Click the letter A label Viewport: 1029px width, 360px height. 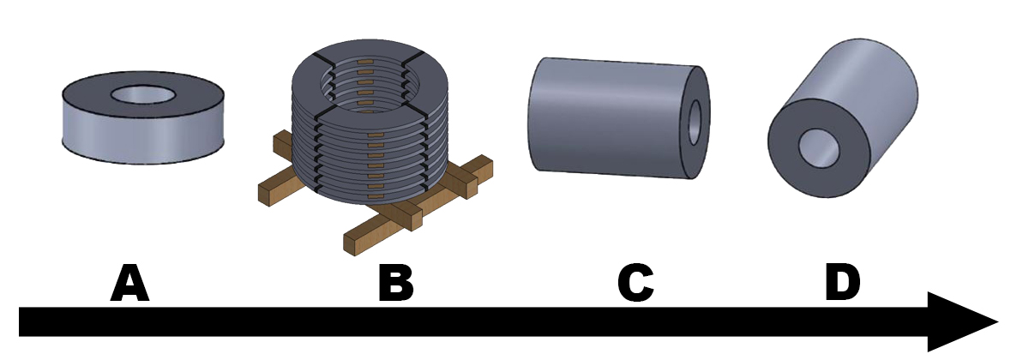[130, 283]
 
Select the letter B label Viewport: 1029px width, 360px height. [396, 283]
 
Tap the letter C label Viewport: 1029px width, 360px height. [635, 283]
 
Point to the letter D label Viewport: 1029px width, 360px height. [842, 283]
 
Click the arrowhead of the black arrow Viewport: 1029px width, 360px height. [960, 322]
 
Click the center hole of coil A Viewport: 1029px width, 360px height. [143, 94]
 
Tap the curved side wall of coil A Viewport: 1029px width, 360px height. [143, 138]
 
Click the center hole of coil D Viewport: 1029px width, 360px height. [819, 147]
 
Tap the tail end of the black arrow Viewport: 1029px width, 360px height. [19, 322]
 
